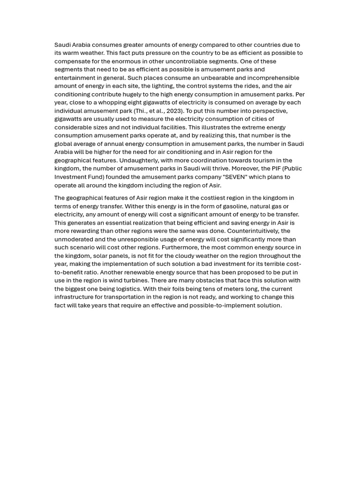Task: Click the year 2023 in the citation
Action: (174, 111)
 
